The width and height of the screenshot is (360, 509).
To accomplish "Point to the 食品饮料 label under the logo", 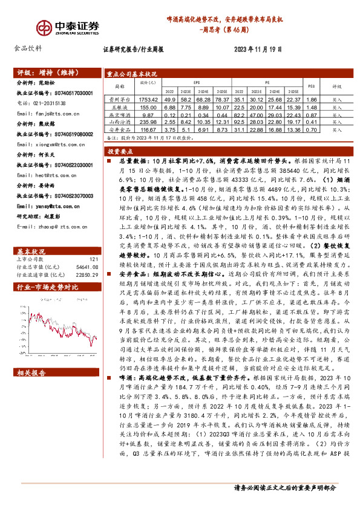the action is pyautogui.click(x=28, y=48).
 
